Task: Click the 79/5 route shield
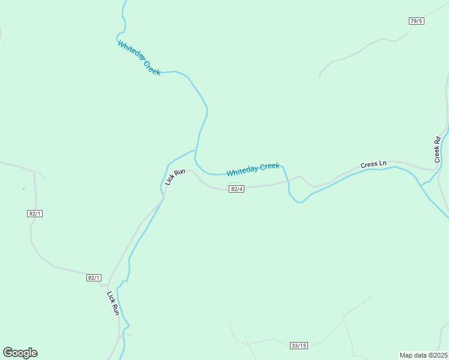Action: pos(416,21)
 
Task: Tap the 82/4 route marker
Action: pos(237,189)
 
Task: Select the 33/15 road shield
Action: pos(298,345)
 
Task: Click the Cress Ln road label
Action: pos(373,164)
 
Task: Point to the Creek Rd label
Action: pos(438,150)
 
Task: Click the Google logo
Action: pos(20,353)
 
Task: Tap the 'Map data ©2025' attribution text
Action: pos(423,355)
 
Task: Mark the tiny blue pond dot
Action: pos(23,189)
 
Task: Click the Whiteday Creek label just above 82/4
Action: pos(253,170)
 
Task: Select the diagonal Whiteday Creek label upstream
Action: pos(139,58)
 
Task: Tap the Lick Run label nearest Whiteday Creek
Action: pos(175,176)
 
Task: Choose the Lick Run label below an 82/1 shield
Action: pos(113,303)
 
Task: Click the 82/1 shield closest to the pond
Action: pos(35,214)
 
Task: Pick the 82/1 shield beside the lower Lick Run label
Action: pos(94,278)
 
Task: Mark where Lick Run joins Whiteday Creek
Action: pos(195,151)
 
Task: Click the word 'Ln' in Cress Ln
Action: pos(382,163)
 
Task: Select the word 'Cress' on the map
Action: pos(369,164)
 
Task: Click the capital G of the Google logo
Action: pos(8,353)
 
